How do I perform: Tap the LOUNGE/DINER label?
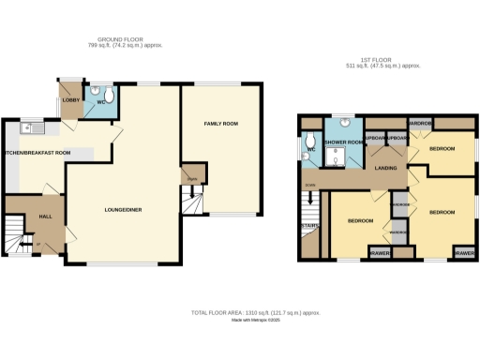click(123, 210)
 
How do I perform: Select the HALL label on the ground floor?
click(44, 217)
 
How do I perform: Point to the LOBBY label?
click(70, 99)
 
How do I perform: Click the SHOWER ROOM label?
click(342, 142)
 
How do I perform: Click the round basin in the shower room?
click(343, 122)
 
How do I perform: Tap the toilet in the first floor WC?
click(307, 156)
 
